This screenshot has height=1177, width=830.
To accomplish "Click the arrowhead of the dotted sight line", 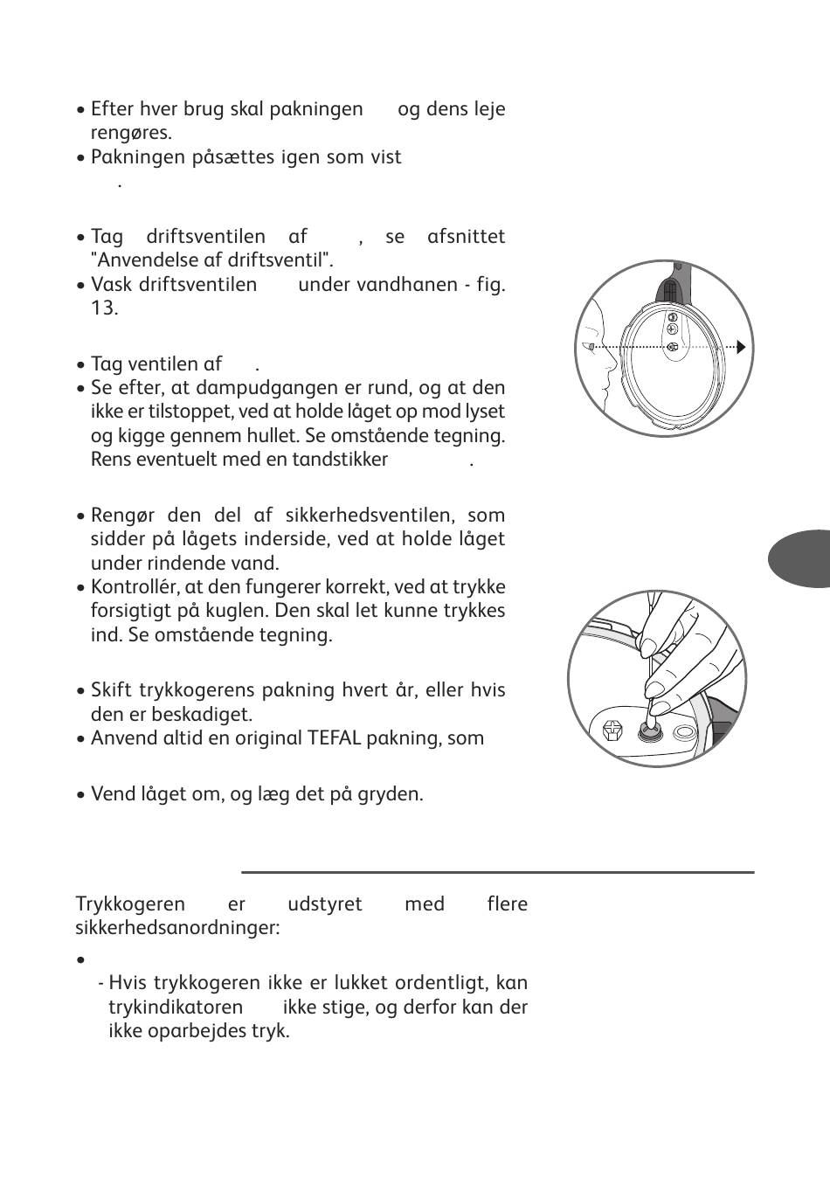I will [742, 348].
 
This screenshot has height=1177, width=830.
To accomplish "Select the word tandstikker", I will [341, 459].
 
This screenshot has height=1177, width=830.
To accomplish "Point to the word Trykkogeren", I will [130, 904].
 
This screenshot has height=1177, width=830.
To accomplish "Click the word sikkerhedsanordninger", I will [177, 927].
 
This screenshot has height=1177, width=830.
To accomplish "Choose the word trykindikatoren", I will [176, 1007].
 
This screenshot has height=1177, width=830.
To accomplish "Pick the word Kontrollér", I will [131, 586].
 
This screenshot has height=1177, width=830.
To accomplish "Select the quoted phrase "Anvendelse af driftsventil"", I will [212, 260].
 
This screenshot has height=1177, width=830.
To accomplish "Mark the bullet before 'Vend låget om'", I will [80, 795].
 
